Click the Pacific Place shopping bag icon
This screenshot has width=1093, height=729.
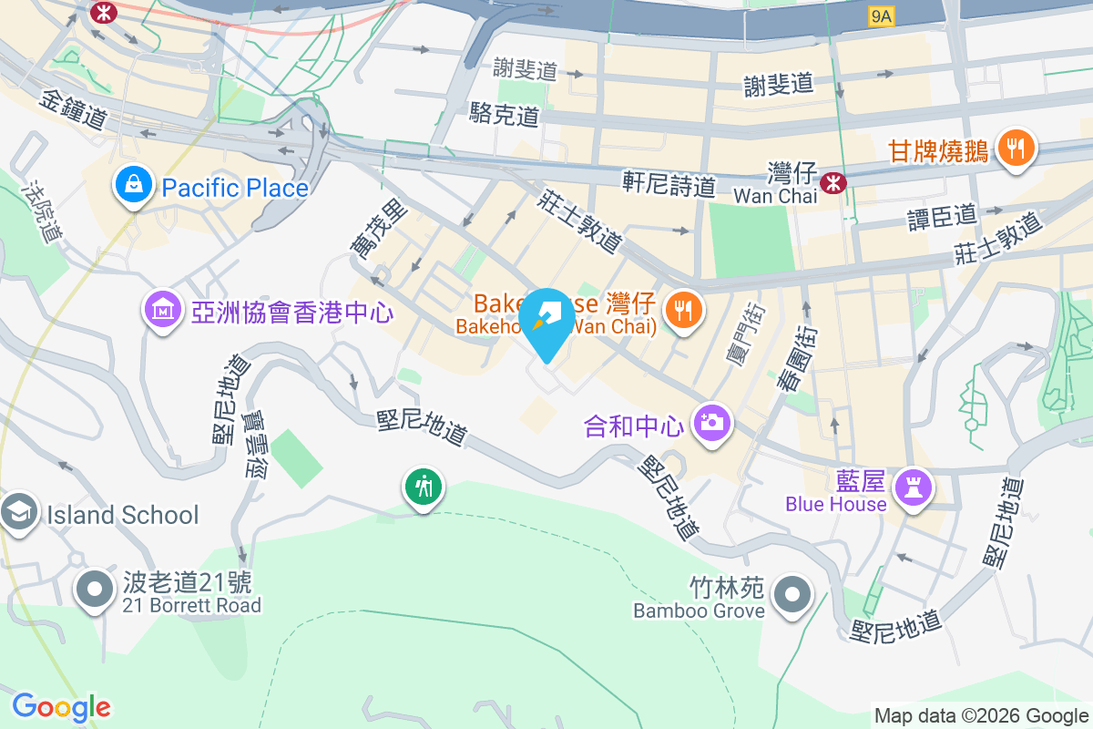click(135, 186)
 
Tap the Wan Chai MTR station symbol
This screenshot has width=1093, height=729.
click(832, 183)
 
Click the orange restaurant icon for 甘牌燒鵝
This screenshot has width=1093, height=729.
click(1016, 147)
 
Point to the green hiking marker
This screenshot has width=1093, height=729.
click(423, 487)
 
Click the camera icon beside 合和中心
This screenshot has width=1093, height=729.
click(711, 423)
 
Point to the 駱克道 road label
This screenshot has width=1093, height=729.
click(505, 114)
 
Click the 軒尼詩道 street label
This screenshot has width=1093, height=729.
click(669, 183)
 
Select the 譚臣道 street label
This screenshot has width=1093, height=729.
click(942, 217)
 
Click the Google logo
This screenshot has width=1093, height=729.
click(61, 707)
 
